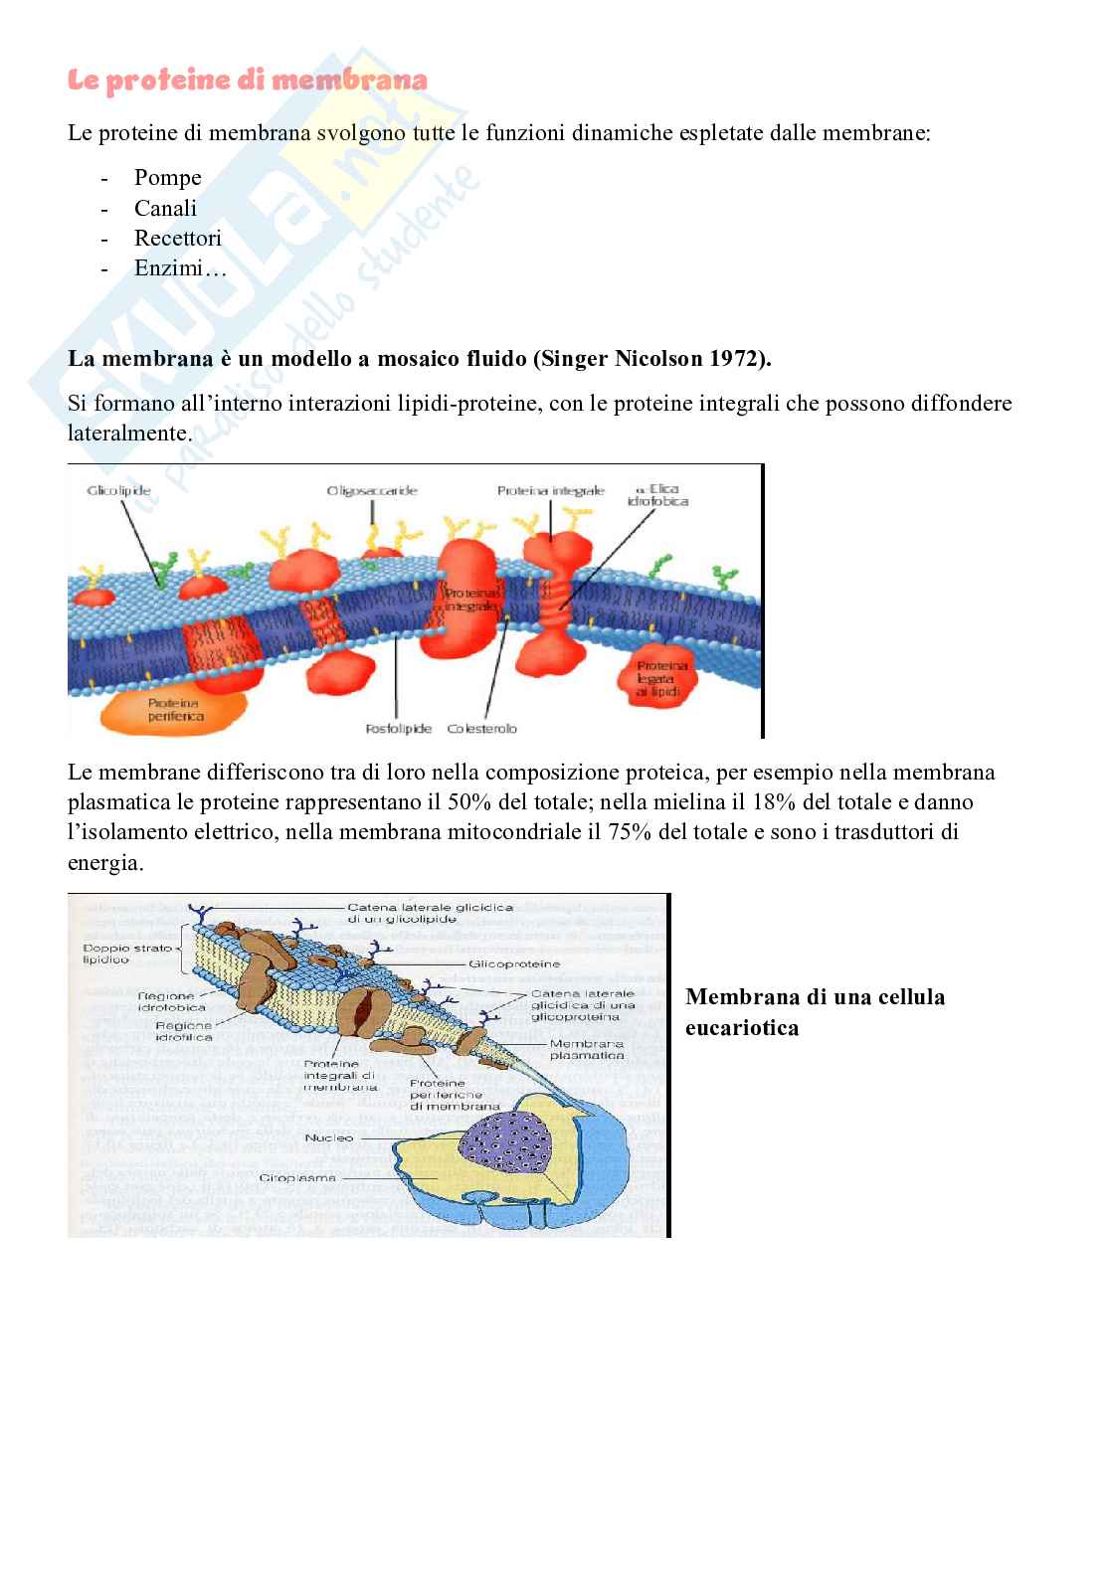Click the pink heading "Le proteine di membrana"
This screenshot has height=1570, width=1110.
(247, 82)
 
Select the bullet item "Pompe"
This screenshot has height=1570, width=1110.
(167, 178)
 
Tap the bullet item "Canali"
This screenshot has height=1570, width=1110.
(165, 208)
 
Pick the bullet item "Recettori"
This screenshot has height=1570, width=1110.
(177, 238)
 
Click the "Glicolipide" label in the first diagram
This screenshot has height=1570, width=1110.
(117, 491)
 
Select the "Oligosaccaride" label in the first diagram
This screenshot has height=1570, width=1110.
(371, 490)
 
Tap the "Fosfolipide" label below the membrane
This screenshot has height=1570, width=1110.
(397, 729)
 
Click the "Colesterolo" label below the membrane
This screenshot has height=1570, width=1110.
(482, 729)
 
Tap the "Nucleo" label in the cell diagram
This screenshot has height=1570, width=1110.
(329, 1137)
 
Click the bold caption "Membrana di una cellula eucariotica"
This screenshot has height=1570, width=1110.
(815, 1011)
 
